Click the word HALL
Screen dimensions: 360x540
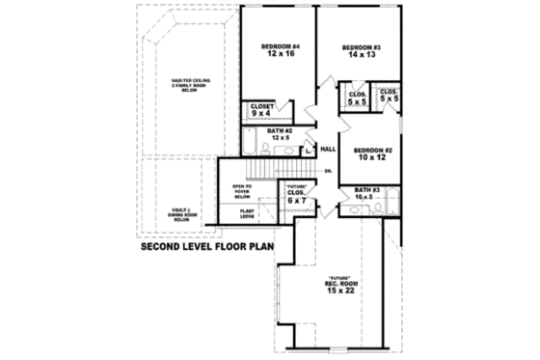(x=327, y=149)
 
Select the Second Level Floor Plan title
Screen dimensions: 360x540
(x=207, y=246)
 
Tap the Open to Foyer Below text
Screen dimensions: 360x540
(x=242, y=190)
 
